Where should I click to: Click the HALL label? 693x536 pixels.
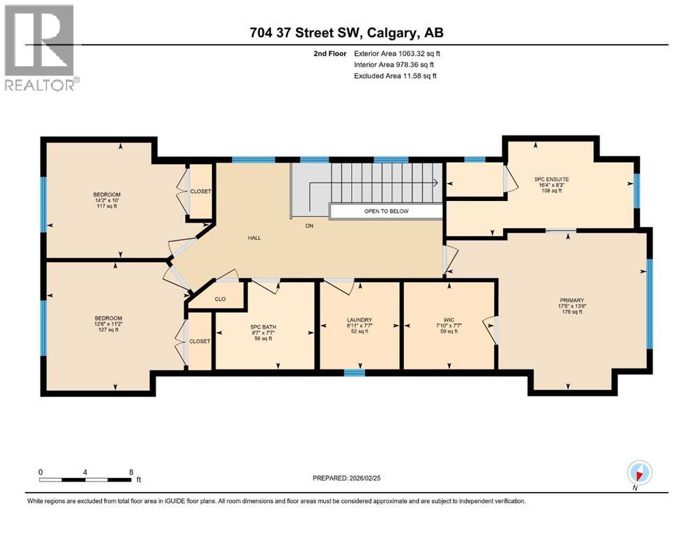pyautogui.click(x=254, y=238)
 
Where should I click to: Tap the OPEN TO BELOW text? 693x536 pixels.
pyautogui.click(x=386, y=211)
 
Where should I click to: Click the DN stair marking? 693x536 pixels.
pyautogui.click(x=310, y=225)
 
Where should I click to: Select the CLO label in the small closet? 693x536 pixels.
pyautogui.click(x=220, y=298)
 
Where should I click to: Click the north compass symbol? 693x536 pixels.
pyautogui.click(x=639, y=473)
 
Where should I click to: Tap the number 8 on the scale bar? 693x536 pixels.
pyautogui.click(x=131, y=471)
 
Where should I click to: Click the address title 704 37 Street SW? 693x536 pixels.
pyautogui.click(x=346, y=32)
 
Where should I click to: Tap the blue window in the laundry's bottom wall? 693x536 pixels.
pyautogui.click(x=355, y=373)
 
